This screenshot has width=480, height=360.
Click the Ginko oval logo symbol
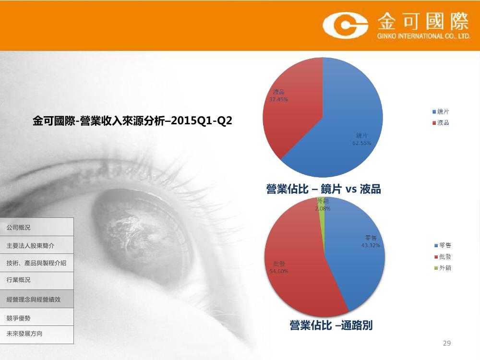tap(345, 25)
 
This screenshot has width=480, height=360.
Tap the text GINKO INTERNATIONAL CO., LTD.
tap(424, 36)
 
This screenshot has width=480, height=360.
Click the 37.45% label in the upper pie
tap(278, 99)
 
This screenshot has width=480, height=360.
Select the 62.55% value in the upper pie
tap(361, 143)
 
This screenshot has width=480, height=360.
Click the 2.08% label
tap(323, 208)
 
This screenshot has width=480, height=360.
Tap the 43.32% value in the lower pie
tap(371, 245)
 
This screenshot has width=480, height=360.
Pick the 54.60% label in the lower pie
tap(279, 271)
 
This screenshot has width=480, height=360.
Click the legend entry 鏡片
tap(441, 112)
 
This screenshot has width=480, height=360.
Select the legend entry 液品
tap(441, 123)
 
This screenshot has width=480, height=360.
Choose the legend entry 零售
tap(443, 245)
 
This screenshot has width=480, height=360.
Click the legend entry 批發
tap(443, 256)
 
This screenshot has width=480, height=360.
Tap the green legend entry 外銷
tap(443, 268)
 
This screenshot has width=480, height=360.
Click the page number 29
tap(446, 343)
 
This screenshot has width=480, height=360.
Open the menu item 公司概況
tap(18, 228)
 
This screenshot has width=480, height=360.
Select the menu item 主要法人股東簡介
tap(30, 245)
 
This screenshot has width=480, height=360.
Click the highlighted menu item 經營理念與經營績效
tap(34, 300)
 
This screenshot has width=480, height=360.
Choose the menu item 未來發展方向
tap(24, 334)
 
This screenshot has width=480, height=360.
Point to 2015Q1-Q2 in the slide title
tap(202, 120)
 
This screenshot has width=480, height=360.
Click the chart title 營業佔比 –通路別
tap(331, 325)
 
